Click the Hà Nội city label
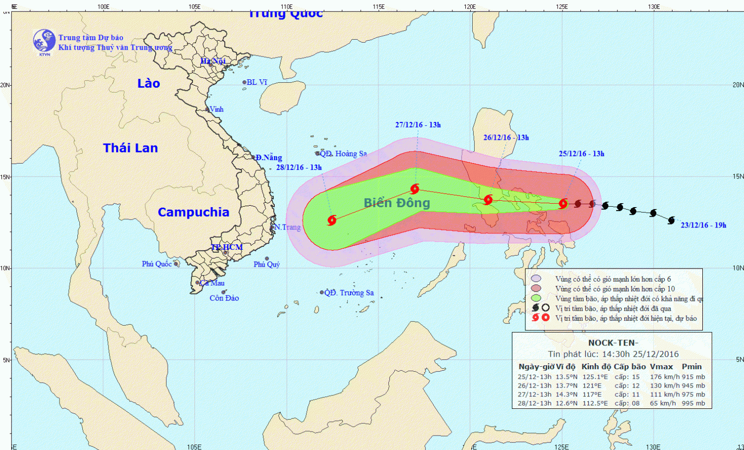point(213,61)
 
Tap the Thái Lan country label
point(130,148)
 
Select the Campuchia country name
point(193,212)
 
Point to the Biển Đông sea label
point(397,203)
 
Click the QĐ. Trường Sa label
point(349,293)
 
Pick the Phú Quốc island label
point(157,264)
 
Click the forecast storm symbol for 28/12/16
point(332,220)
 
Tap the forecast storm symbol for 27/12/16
point(415,189)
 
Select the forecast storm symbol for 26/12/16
point(488,200)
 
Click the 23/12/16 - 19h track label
point(703,225)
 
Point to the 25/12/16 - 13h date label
point(581,154)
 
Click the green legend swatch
point(536,298)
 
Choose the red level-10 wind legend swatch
point(536,288)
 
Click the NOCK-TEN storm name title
point(613,343)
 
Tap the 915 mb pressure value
point(693,377)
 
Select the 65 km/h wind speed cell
point(663,403)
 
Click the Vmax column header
point(661,367)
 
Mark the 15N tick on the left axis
point(5,177)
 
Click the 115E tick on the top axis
point(378,7)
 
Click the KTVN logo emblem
point(44,41)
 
